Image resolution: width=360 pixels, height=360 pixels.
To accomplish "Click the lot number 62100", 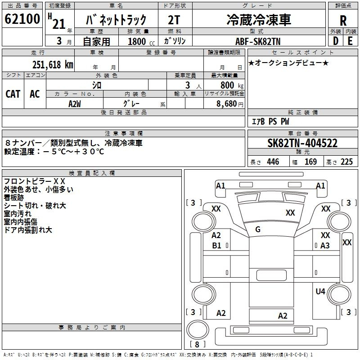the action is click(22, 19).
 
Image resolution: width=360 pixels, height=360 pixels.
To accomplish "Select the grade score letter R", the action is click(343, 21).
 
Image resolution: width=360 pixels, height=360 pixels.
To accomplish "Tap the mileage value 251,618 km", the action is click(53, 65).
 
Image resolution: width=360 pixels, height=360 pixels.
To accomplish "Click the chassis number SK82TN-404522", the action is click(302, 143).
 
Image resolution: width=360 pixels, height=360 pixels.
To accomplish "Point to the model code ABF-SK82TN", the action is click(258, 41).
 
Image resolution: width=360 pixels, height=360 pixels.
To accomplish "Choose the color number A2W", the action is click(75, 104).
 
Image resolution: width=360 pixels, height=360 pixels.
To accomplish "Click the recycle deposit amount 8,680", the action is click(227, 104).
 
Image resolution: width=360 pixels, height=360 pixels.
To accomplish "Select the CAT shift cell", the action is click(13, 94).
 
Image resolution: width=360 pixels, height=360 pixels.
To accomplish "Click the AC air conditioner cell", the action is click(35, 94).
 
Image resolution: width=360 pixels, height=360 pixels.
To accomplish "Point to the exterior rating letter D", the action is click(336, 41).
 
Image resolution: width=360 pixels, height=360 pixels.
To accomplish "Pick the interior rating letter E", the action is click(350, 41).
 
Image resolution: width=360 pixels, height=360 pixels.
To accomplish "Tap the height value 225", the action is click(346, 162).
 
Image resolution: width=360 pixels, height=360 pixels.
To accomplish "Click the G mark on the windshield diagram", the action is click(258, 229).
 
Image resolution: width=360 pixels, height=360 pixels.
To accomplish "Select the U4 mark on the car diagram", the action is click(320, 291).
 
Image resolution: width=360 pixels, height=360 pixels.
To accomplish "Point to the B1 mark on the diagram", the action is click(216, 245).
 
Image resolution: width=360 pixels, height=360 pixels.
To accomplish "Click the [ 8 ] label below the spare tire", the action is click(197, 344).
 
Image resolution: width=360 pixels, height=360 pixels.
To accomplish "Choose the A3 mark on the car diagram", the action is click(325, 245).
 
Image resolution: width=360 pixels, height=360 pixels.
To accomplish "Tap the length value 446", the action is click(273, 162).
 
